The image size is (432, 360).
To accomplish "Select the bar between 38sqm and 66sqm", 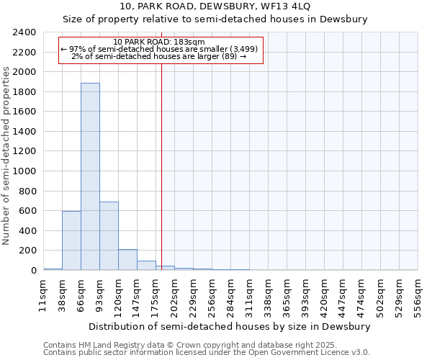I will point(71,240).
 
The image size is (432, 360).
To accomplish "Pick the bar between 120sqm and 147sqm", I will point(127,260).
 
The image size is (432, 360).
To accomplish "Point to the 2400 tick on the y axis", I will point(25,32).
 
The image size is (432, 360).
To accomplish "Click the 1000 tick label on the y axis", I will point(25,171).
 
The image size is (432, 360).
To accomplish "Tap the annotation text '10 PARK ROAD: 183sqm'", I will point(159,42).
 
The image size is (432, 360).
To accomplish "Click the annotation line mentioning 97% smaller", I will point(159,49).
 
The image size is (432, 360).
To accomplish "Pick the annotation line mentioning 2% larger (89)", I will point(159,56).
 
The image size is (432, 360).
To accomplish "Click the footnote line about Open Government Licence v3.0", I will point(206,353).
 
